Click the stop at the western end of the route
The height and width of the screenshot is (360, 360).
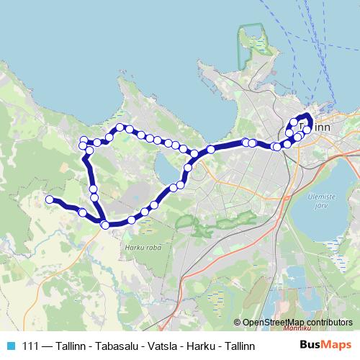tap(49, 199)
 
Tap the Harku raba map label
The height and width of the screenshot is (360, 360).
tap(143, 248)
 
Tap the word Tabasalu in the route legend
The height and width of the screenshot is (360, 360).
tap(114, 346)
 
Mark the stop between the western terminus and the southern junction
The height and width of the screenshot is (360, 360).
tap(82, 212)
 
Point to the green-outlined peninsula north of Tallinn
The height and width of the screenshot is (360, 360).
tap(253, 47)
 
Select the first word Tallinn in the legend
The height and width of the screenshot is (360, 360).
tap(70, 346)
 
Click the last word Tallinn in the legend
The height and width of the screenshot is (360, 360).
tap(238, 346)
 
